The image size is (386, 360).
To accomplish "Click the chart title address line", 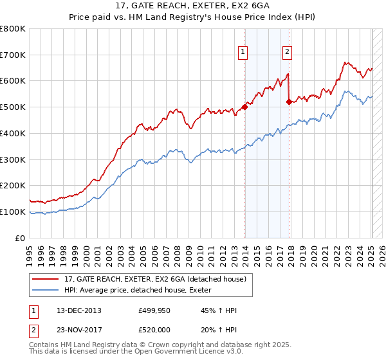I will (x=193, y=6).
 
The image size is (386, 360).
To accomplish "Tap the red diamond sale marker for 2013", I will (x=244, y=107).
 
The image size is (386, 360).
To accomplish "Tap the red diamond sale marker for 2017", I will (x=289, y=102).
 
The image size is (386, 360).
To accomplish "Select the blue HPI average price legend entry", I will (x=142, y=291).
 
